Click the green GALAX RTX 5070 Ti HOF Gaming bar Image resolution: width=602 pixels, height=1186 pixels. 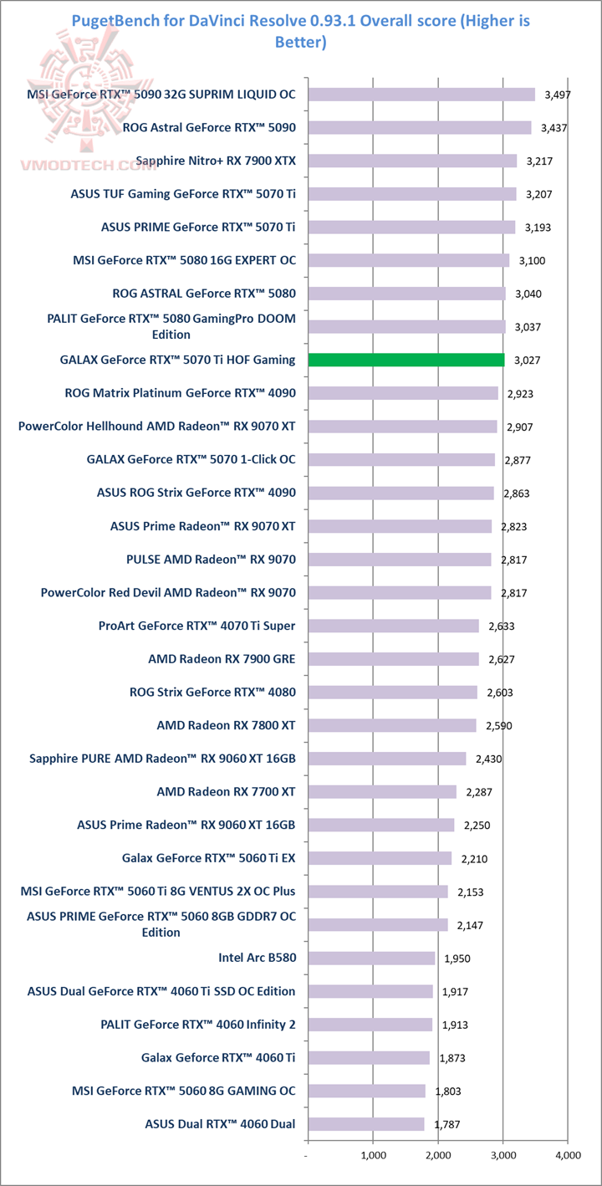(406, 360)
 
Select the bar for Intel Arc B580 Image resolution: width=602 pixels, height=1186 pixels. (371, 958)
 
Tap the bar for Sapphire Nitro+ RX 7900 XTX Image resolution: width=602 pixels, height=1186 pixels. (412, 161)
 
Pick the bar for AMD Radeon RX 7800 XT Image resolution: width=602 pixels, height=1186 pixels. (392, 725)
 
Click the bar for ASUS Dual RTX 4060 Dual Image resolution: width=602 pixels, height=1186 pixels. (366, 1124)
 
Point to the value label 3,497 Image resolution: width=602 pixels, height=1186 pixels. (557, 95)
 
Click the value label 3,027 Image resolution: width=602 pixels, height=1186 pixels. (527, 360)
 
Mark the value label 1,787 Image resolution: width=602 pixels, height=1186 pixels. (446, 1124)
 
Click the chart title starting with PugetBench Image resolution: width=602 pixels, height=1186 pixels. (301, 30)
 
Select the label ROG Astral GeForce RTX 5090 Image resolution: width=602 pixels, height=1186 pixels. (208, 128)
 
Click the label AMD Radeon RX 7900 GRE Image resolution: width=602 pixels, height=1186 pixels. (222, 659)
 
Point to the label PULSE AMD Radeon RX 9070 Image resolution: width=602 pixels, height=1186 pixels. (211, 560)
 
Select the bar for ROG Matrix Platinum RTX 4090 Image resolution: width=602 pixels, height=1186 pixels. (403, 393)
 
